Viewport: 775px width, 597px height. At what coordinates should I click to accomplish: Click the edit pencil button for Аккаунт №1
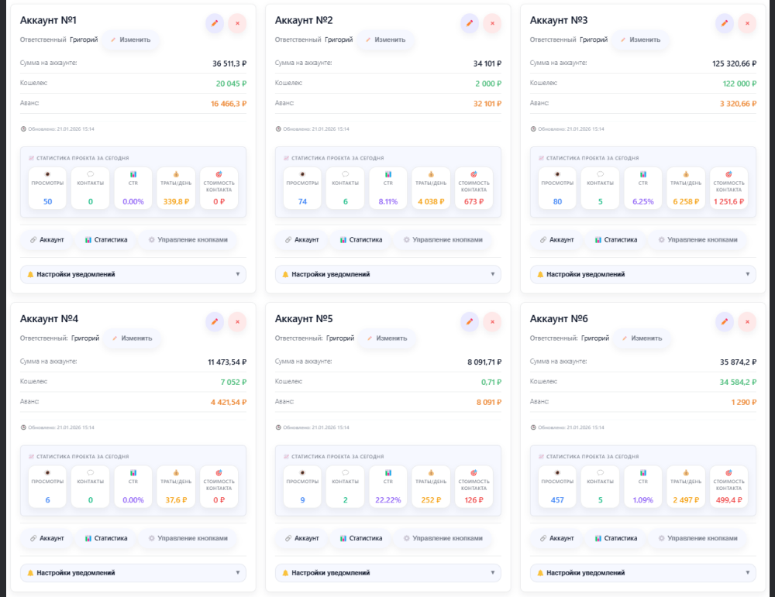(x=215, y=23)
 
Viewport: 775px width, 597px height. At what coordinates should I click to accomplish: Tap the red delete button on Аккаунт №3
(x=747, y=23)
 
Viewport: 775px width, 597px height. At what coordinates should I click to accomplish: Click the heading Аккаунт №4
(x=49, y=318)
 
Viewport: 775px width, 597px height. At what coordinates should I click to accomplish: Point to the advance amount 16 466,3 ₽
(x=228, y=103)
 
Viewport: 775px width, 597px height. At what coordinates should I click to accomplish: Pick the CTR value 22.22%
(x=387, y=499)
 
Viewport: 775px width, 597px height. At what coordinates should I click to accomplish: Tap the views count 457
(x=557, y=499)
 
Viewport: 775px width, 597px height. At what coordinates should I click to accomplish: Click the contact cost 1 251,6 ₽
(x=728, y=201)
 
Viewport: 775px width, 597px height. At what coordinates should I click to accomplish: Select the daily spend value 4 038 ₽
(x=430, y=201)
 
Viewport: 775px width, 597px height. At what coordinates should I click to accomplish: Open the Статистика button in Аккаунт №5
(x=361, y=538)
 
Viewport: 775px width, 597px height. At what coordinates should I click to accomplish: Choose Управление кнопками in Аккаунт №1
(x=188, y=240)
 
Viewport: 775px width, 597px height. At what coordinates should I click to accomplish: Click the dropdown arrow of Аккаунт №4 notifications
(x=238, y=572)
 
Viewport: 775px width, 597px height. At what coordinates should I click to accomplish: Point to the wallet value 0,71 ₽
(x=491, y=382)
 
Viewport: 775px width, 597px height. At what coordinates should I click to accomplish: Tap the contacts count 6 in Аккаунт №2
(x=345, y=201)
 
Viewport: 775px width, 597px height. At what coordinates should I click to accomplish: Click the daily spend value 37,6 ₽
(x=175, y=499)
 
